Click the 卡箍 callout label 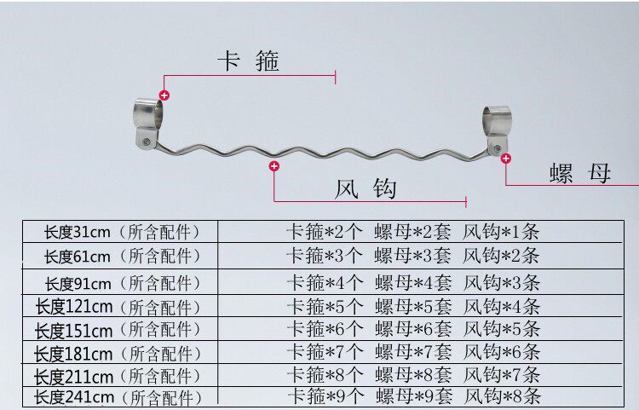(x=248, y=61)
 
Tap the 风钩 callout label (x=366, y=188)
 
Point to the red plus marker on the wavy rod (x=273, y=166)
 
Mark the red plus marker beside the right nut (x=506, y=158)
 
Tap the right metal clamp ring (x=497, y=119)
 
